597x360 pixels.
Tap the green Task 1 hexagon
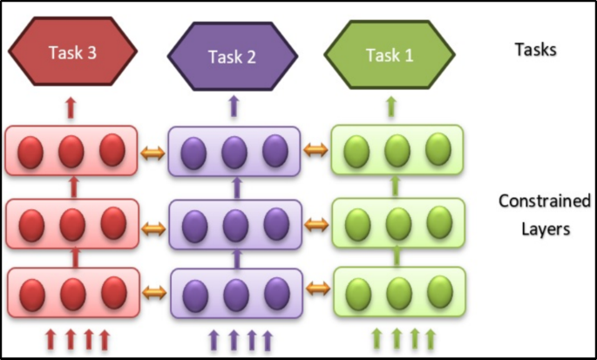[x=390, y=54]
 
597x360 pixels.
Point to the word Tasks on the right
[x=534, y=49]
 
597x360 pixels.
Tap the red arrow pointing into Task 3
[x=71, y=109]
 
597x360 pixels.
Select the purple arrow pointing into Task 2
[x=233, y=107]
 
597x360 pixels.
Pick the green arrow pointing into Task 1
[x=390, y=107]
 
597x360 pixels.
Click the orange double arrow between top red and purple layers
[x=153, y=153]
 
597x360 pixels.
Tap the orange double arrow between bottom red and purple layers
[x=154, y=289]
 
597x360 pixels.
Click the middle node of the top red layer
[x=71, y=153]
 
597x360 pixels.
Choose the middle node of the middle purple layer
[x=234, y=224]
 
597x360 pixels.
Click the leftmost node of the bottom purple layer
[x=193, y=292]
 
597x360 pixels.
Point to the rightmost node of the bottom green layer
[x=439, y=291]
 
